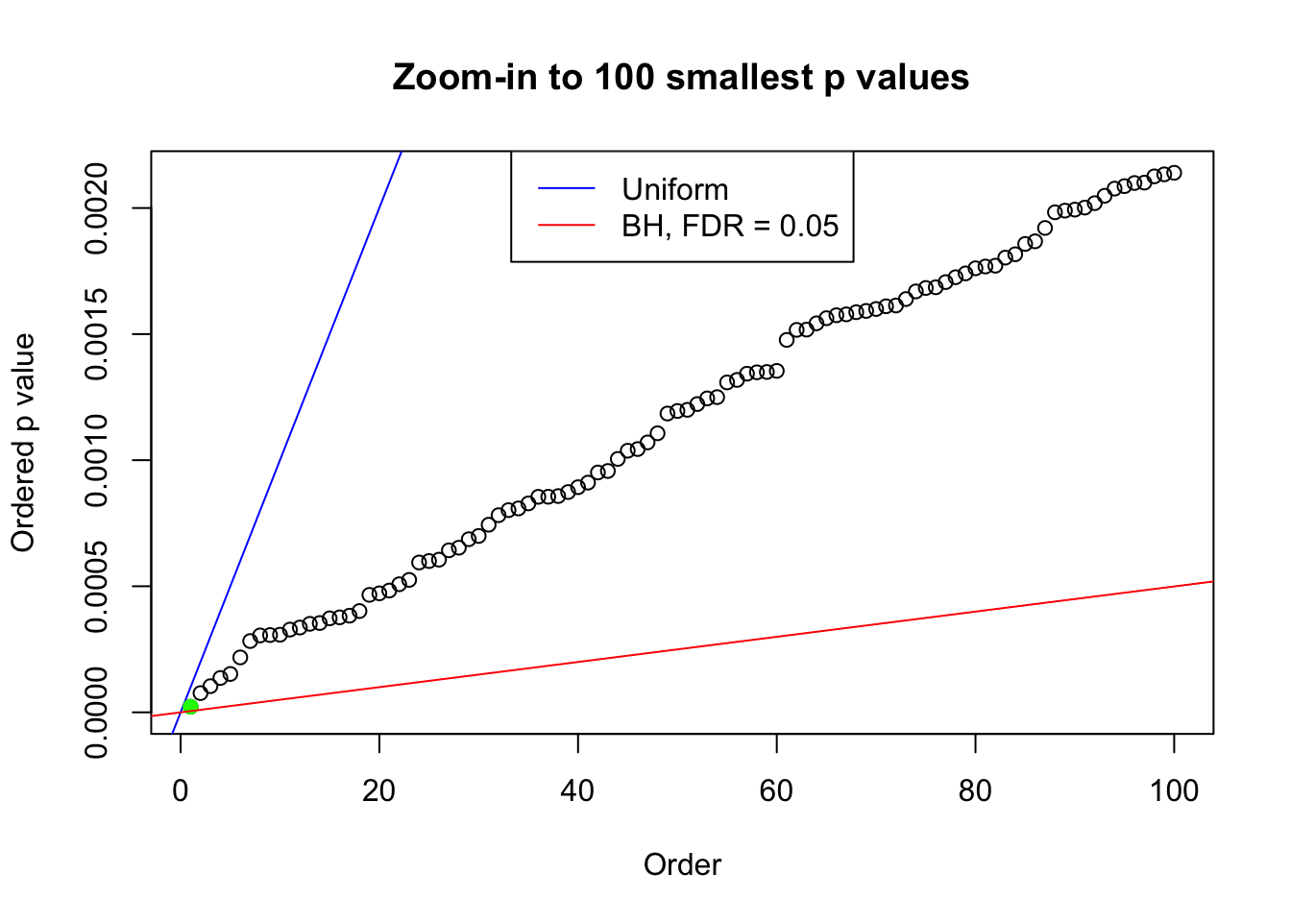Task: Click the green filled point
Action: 190,707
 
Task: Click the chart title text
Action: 681,77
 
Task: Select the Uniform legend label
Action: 674,189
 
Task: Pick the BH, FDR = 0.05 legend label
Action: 730,226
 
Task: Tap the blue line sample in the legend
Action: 566,189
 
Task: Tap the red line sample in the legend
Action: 566,226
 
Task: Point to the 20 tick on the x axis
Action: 379,791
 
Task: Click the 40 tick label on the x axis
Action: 578,791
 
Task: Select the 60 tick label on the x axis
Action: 776,791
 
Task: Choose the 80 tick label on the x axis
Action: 975,791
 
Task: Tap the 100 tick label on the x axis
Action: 1174,791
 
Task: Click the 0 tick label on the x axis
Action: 181,791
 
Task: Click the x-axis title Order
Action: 682,864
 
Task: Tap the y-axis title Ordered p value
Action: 23,443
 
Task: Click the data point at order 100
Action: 1174,173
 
